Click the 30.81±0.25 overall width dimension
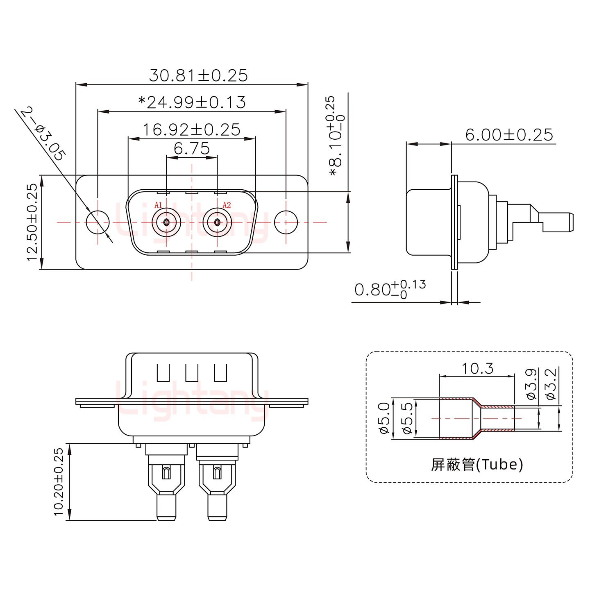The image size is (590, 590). [x=198, y=75]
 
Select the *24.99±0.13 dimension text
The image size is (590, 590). [x=192, y=102]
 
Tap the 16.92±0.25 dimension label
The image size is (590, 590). [x=191, y=130]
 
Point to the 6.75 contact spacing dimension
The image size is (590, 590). [x=191, y=148]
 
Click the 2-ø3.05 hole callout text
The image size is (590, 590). [x=43, y=134]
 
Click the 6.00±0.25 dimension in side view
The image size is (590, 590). [x=509, y=134]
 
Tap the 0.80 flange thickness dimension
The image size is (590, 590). [x=390, y=289]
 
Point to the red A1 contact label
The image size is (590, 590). [x=159, y=205]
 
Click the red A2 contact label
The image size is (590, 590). [x=227, y=205]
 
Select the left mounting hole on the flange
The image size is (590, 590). [x=98, y=222]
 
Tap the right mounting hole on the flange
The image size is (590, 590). [x=286, y=222]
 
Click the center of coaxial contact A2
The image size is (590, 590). [x=217, y=222]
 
